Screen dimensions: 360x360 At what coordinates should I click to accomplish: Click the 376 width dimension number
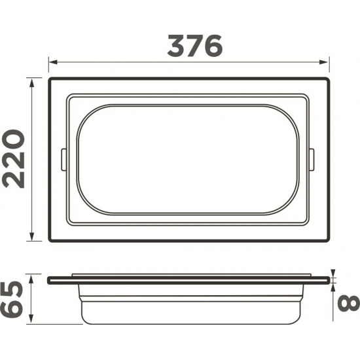[x=195, y=46]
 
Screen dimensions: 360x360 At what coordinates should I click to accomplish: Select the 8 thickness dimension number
[x=348, y=304]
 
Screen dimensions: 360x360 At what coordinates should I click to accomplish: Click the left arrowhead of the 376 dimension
[x=53, y=62]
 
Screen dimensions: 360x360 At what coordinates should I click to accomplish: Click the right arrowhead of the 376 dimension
[x=324, y=62]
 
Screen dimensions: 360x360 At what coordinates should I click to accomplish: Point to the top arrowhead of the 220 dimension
[x=31, y=82]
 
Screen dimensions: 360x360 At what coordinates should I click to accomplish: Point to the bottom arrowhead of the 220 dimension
[x=31, y=236]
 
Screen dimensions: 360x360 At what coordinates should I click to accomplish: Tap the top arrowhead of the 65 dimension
[x=31, y=279]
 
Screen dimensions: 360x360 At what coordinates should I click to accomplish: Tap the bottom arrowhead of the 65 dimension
[x=31, y=319]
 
